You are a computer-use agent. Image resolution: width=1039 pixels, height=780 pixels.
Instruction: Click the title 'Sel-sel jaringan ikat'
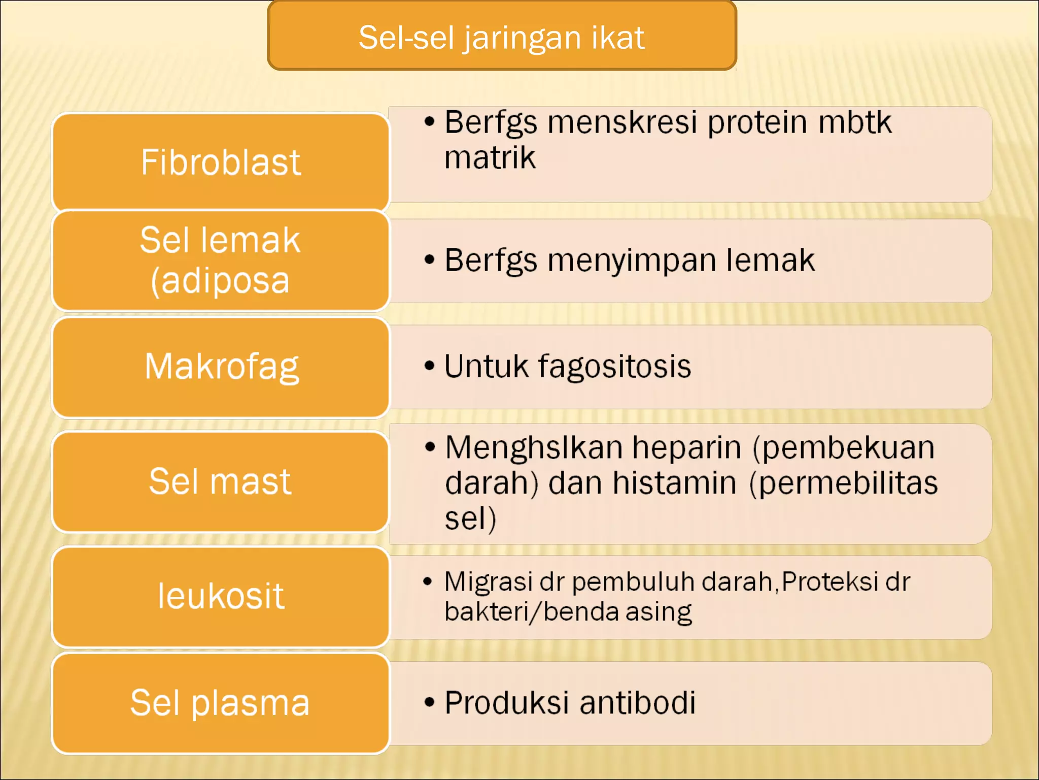pyautogui.click(x=501, y=37)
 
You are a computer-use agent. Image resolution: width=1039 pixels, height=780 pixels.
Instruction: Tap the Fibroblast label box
pyautogui.click(x=221, y=162)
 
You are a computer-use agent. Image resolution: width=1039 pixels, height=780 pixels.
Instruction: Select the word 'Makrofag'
pyautogui.click(x=222, y=367)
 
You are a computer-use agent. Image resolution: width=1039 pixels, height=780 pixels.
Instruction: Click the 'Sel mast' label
pyautogui.click(x=220, y=481)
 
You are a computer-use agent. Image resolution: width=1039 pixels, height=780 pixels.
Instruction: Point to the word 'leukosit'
pyautogui.click(x=221, y=596)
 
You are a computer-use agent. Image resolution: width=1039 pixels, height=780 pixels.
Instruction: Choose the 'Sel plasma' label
pyautogui.click(x=220, y=703)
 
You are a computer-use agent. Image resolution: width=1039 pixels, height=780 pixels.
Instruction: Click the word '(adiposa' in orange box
pyautogui.click(x=220, y=280)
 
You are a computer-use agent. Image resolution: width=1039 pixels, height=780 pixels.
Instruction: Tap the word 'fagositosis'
pyautogui.click(x=614, y=367)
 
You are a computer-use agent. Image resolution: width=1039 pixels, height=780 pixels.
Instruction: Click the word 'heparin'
pyautogui.click(x=686, y=448)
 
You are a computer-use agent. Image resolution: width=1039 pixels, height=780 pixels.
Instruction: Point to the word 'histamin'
pyautogui.click(x=674, y=483)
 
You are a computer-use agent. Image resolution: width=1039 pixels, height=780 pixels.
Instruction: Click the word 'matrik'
pyautogui.click(x=490, y=157)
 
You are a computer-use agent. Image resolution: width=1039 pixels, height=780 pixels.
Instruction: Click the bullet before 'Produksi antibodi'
pyautogui.click(x=430, y=703)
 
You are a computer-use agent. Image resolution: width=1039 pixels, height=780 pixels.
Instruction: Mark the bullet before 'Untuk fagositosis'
pyautogui.click(x=430, y=366)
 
